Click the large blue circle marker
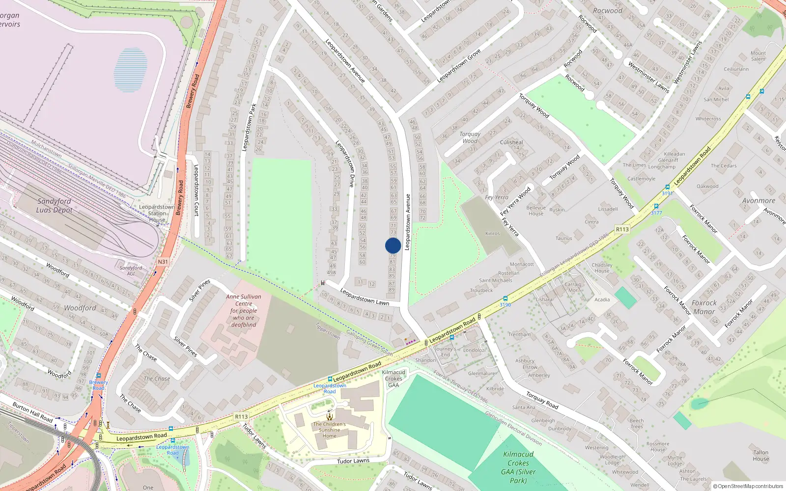click(x=393, y=245)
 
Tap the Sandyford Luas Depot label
click(x=54, y=206)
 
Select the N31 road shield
click(x=163, y=262)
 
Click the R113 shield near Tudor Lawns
click(x=241, y=416)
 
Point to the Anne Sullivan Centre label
click(x=244, y=310)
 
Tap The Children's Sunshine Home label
click(x=329, y=430)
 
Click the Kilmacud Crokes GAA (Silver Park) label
click(x=518, y=467)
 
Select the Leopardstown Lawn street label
click(x=364, y=297)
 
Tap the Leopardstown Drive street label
click(x=345, y=164)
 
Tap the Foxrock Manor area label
click(x=704, y=307)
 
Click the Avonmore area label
click(x=758, y=200)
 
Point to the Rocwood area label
click(x=607, y=11)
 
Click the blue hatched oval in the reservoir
click(x=130, y=69)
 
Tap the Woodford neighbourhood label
click(x=80, y=308)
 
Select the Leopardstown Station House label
click(x=157, y=213)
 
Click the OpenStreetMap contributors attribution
click(x=748, y=486)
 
